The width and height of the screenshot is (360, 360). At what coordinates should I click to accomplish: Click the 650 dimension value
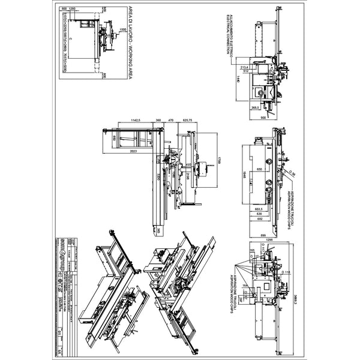(x=259, y=170)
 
